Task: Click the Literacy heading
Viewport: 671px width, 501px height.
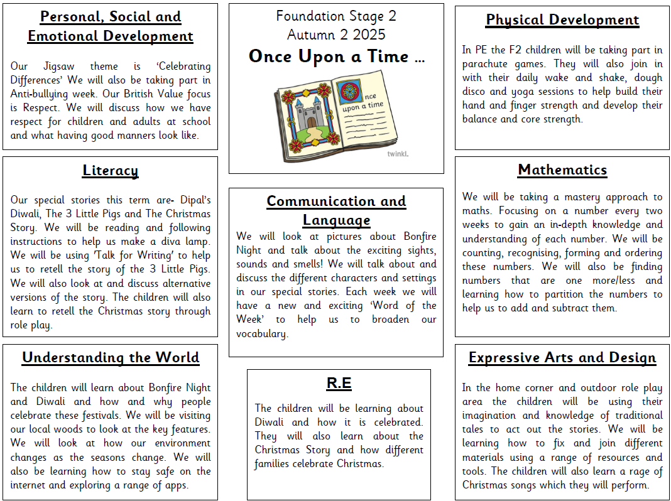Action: point(110,171)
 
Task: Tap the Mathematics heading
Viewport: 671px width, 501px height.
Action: point(562,170)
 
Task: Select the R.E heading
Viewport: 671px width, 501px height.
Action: point(339,384)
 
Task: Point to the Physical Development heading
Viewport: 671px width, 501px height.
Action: point(562,20)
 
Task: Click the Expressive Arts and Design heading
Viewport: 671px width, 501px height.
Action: point(562,358)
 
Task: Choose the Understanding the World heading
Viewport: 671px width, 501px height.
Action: point(110,358)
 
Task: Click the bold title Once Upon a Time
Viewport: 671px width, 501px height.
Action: point(336,57)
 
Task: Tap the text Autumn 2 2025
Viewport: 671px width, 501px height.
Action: point(336,34)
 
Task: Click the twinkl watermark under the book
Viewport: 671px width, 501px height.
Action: point(397,153)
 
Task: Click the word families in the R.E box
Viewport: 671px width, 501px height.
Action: point(275,465)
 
